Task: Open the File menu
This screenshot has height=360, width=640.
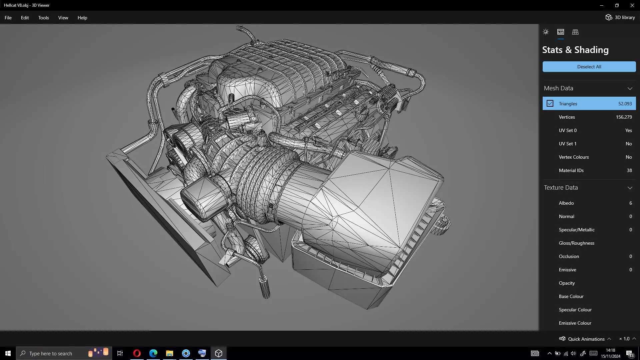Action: [8, 18]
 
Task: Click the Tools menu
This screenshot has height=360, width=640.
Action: [43, 18]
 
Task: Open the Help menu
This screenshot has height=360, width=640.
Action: [82, 18]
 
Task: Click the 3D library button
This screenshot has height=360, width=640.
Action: [620, 17]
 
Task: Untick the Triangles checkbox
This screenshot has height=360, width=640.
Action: [550, 104]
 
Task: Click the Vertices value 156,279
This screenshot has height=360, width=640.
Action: [624, 117]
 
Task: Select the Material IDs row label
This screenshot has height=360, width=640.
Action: [571, 170]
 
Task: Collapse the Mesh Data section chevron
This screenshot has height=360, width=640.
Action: [630, 88]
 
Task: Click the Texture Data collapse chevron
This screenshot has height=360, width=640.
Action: [630, 188]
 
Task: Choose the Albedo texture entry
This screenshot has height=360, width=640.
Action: [566, 203]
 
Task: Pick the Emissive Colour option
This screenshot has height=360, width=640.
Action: [575, 323]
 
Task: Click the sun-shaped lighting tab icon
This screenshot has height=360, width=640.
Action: [546, 32]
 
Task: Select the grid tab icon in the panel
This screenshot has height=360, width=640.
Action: [575, 32]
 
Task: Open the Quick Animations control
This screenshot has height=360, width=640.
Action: [586, 339]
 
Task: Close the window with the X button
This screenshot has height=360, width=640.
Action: [632, 5]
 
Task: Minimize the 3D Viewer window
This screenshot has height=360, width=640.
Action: [602, 5]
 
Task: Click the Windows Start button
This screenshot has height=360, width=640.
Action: [8, 353]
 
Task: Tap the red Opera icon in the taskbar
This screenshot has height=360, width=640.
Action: [137, 353]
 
